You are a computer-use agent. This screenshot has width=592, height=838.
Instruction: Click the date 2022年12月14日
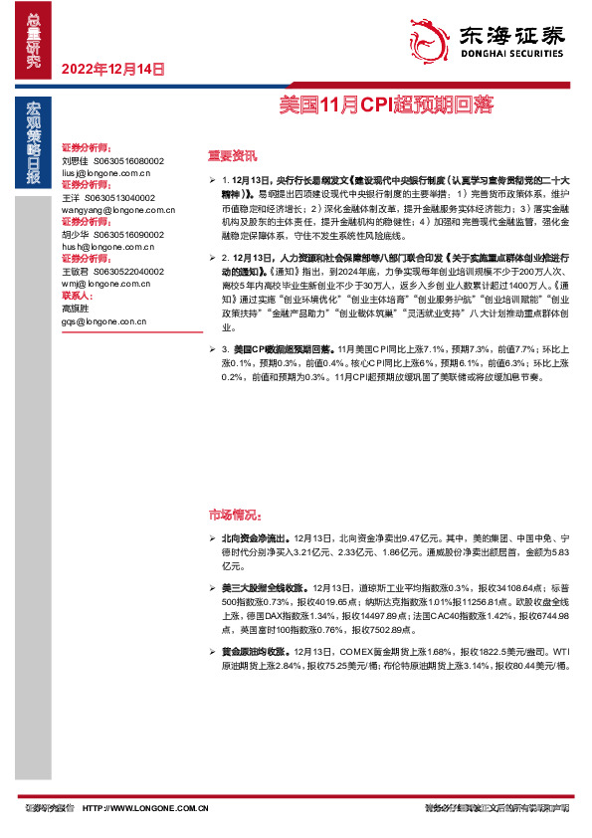point(112,70)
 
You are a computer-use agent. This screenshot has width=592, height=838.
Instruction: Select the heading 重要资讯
point(231,155)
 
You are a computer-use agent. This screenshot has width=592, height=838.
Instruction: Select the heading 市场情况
point(234,516)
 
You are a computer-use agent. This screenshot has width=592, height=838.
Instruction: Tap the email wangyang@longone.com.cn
point(117,210)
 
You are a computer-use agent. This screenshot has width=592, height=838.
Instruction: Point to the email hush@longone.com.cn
point(103,247)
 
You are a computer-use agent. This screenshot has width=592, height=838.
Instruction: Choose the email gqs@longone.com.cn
point(103,321)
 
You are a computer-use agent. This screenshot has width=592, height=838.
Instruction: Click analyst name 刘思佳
point(75,160)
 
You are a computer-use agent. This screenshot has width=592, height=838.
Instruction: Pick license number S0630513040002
point(134,197)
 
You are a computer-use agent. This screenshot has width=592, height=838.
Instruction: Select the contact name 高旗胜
point(75,309)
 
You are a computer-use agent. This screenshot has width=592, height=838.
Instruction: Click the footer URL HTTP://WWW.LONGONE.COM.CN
point(144,808)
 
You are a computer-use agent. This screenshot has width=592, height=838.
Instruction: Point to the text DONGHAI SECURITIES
point(513,58)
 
